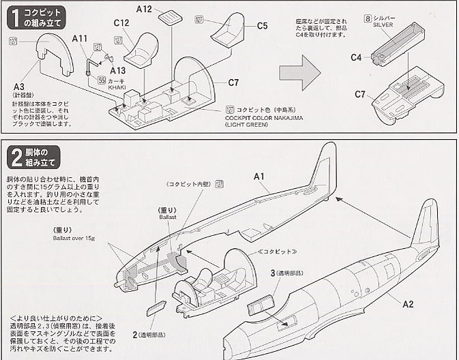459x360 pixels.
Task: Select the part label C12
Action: tap(121, 24)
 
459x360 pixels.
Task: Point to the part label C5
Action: tap(263, 26)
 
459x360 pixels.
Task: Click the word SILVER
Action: tap(383, 24)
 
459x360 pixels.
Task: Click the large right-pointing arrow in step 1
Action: tap(301, 70)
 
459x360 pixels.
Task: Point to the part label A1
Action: tap(259, 177)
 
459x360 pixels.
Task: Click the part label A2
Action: tap(407, 303)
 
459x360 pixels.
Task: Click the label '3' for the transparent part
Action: tap(272, 273)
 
